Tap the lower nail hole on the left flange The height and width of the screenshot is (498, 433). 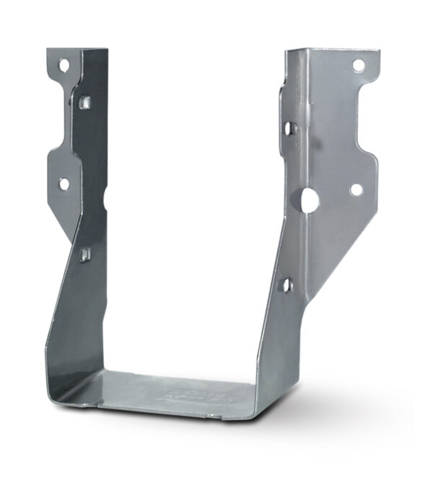[64, 184]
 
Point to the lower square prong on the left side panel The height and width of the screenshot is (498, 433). [85, 254]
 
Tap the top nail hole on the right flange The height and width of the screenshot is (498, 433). [358, 66]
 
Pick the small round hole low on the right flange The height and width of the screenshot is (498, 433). [356, 190]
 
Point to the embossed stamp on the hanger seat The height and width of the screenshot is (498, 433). [180, 394]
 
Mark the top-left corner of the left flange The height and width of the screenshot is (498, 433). [48, 51]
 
